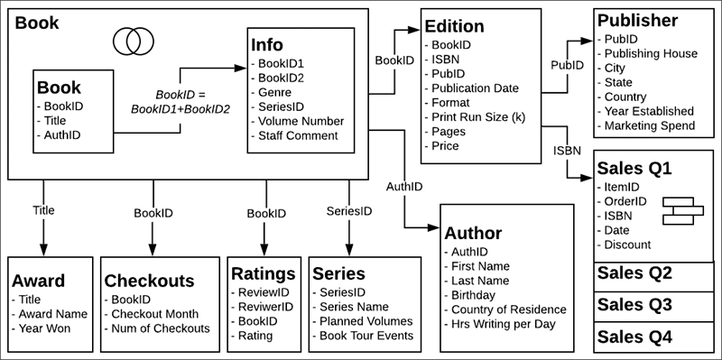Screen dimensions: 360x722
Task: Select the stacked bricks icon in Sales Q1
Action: tap(682, 209)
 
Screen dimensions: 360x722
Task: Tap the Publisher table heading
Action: tap(636, 20)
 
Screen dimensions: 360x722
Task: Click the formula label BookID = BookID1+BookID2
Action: tap(180, 101)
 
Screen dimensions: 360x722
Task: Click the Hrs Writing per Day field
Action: tap(501, 324)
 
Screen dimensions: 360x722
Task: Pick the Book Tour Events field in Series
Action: tap(363, 336)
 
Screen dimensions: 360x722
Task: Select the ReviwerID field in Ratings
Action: tap(265, 308)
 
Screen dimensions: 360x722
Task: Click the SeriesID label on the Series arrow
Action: tap(348, 212)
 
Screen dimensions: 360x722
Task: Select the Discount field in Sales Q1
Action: tap(627, 245)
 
